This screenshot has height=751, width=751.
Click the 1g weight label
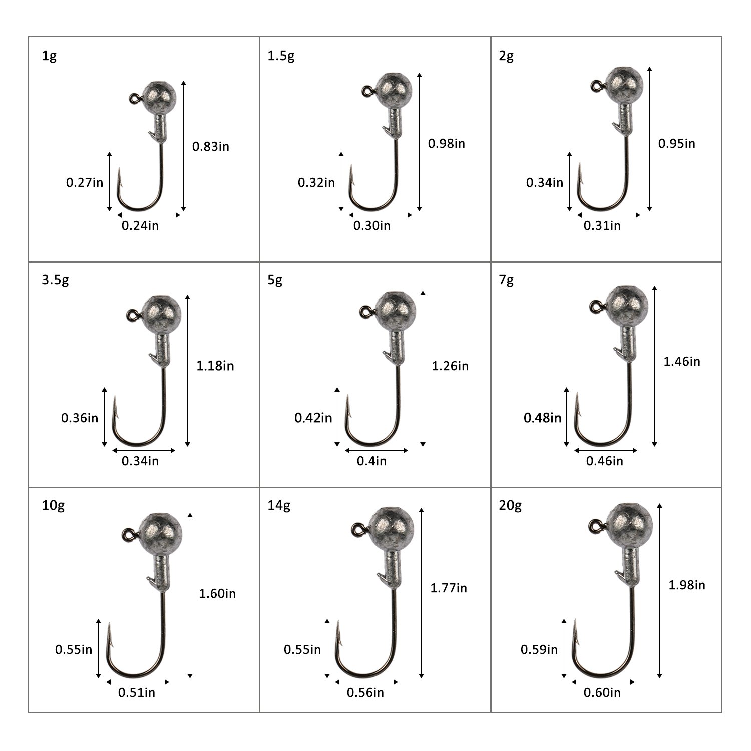49,56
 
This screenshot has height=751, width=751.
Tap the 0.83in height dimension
211,146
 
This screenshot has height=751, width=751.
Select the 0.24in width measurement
140,226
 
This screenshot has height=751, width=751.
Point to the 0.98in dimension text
446,144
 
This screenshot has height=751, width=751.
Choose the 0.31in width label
602,226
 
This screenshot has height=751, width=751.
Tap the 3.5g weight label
55,280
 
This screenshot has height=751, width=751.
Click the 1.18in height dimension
215,366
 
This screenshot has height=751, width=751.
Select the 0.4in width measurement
371,461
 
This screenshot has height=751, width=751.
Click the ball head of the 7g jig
627,306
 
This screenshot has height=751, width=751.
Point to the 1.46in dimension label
682,361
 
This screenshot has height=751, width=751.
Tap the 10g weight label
53,506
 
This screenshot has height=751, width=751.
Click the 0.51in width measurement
137,692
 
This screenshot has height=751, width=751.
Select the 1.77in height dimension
449,588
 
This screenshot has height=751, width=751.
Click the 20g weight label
510,506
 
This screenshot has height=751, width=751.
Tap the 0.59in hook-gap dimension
539,650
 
